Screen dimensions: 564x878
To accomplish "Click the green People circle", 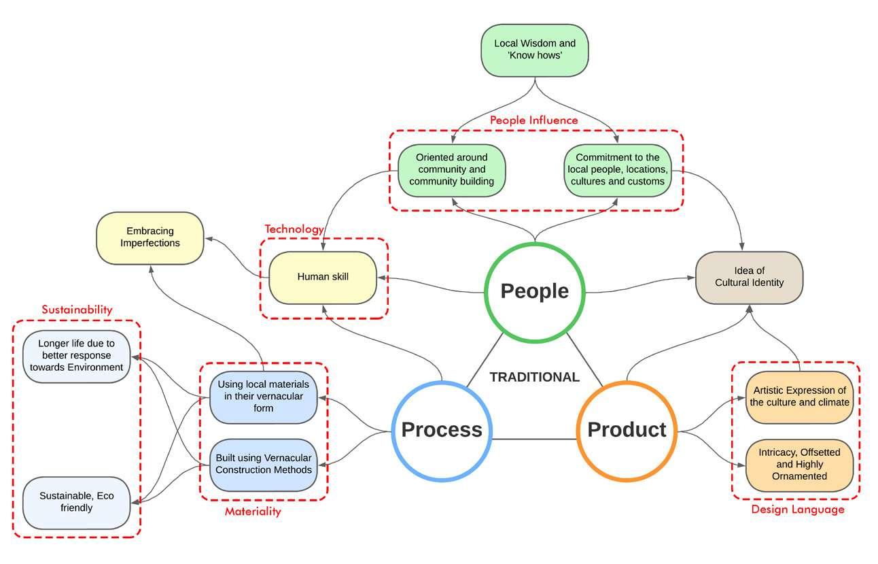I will pos(534,291).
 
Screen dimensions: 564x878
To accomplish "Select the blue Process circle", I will pos(442,430).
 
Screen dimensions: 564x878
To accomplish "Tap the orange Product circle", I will pos(627,430).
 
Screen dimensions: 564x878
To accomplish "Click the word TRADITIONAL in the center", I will pos(535,377).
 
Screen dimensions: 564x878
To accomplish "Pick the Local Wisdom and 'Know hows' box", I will pos(534,50).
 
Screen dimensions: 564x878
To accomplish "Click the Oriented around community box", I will pos(451,169).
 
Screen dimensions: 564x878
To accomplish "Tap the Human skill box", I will pos(322,277).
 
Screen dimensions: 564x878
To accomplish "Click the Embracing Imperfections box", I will pos(150,237).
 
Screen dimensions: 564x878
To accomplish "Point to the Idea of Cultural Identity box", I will pos(749,277).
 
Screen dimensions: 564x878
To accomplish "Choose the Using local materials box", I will pos(263,397).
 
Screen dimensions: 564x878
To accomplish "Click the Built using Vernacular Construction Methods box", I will pos(263,464).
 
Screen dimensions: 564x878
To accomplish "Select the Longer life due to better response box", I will pos(76,356).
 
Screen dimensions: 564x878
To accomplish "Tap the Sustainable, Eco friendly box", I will pos(76,502).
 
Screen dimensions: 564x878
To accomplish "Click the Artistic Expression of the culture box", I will pos(799,397).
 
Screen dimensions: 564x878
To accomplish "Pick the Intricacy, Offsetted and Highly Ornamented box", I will pos(799,464).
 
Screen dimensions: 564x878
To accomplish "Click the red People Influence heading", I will pos(534,120).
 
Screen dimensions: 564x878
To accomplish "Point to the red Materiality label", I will pos(253,512).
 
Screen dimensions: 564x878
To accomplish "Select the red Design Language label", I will pos(797,509).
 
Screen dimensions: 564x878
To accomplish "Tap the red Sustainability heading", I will pos(77,310).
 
